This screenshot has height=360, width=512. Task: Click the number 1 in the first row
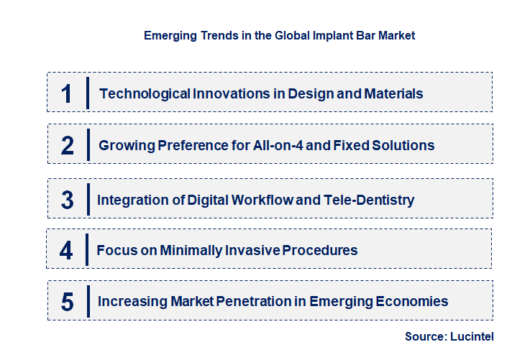[67, 93]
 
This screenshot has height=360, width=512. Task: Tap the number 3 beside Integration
[67, 200]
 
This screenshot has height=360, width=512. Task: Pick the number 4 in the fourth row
[67, 251]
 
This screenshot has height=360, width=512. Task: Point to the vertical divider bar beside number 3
[87, 199]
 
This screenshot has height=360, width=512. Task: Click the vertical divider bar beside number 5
[87, 301]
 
